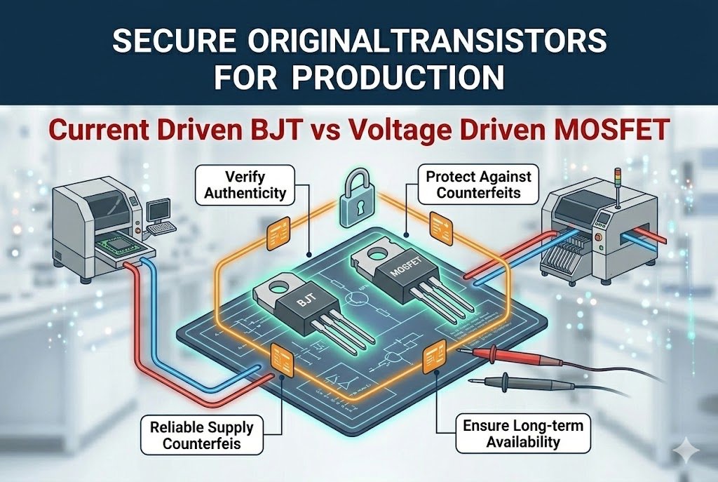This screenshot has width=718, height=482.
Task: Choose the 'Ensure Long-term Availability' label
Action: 517,433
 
